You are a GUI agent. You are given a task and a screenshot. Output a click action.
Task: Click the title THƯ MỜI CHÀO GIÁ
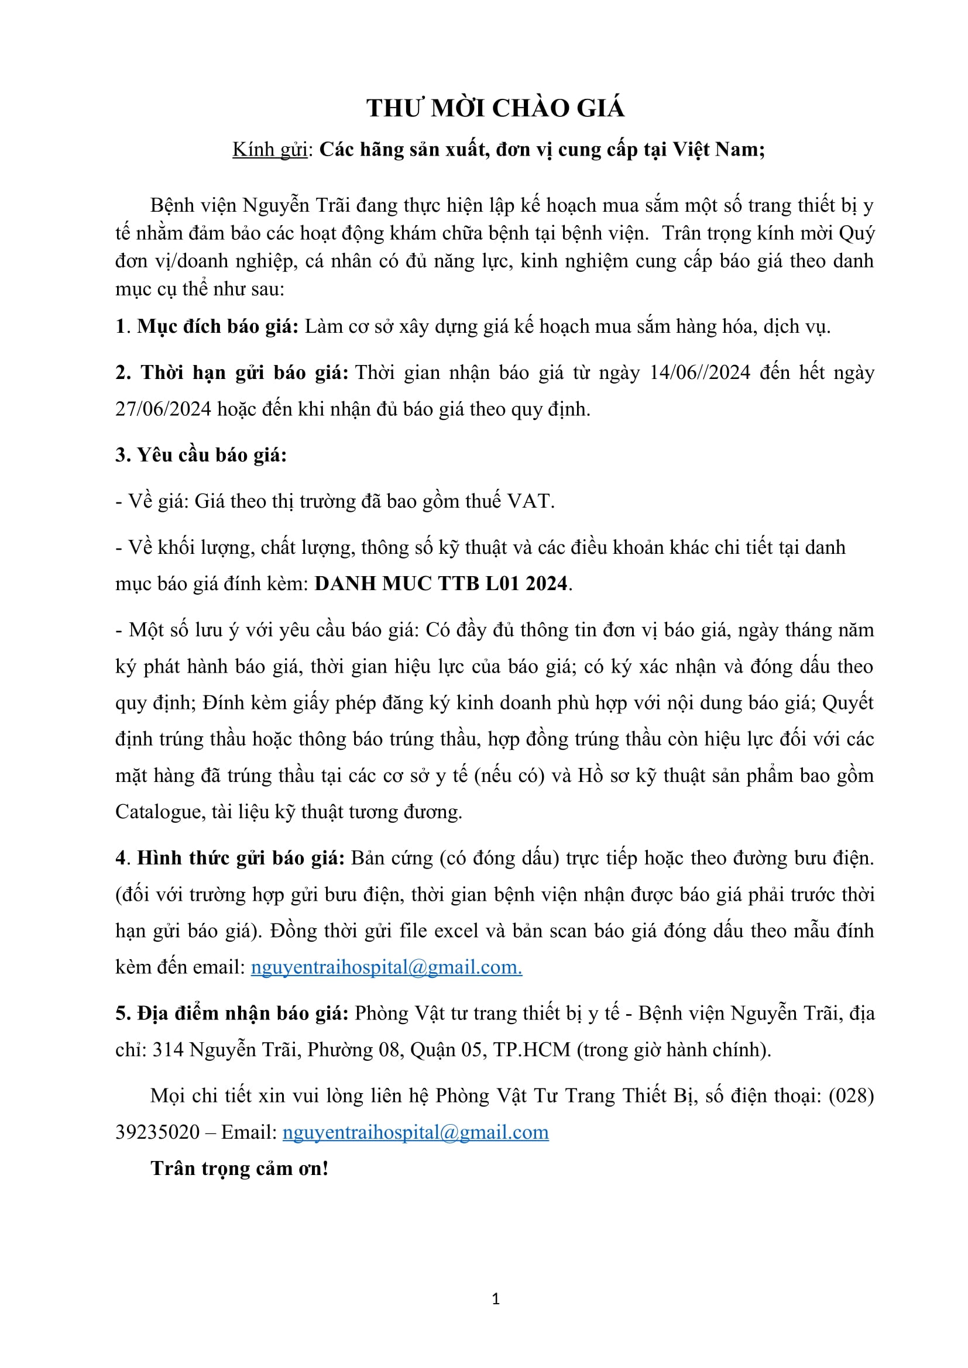[495, 108]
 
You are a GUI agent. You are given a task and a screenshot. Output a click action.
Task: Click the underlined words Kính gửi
[270, 150]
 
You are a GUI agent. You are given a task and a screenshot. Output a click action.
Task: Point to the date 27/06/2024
[163, 409]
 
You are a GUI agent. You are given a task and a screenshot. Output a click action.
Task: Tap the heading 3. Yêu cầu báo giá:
[201, 455]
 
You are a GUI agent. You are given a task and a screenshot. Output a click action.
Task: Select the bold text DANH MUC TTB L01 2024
[441, 583]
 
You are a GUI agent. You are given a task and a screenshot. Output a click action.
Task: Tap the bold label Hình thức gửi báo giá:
[241, 858]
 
